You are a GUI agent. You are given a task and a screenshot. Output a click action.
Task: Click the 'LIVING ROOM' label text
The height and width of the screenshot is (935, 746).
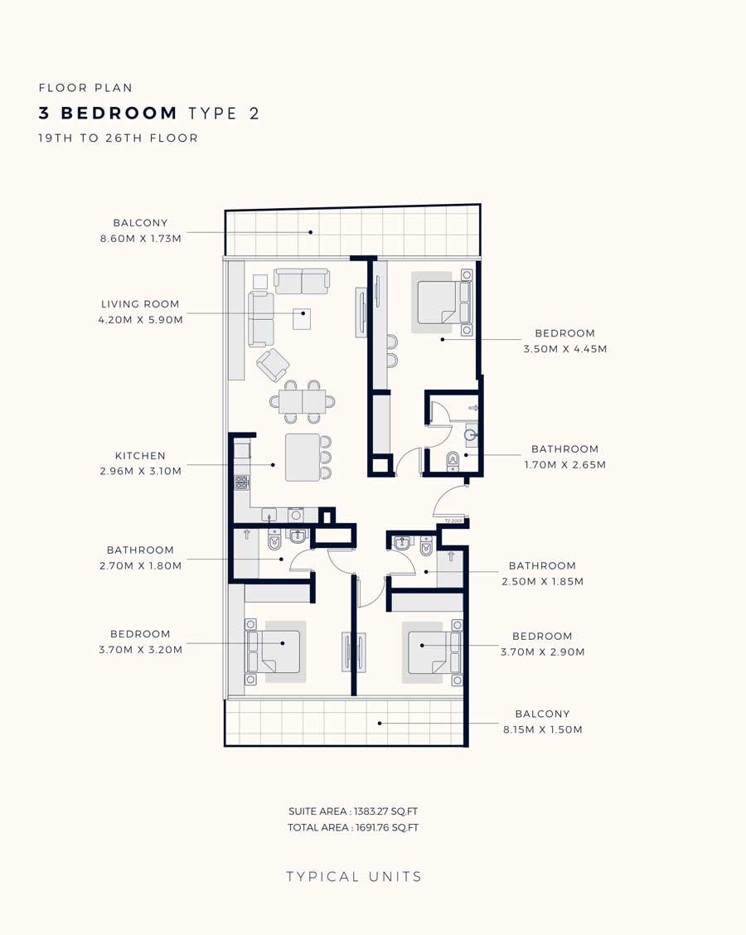tap(140, 304)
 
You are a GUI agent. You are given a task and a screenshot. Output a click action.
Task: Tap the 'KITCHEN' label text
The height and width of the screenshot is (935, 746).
tap(140, 456)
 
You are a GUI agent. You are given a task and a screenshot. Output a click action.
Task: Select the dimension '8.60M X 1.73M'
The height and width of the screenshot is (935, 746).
tap(141, 239)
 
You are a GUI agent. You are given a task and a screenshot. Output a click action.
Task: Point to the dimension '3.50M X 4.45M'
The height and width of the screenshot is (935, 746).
tap(565, 349)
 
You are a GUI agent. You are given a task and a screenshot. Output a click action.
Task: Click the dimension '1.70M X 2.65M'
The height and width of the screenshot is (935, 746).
tap(565, 464)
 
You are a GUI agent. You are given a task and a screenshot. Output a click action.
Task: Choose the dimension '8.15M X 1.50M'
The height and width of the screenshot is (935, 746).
tap(543, 729)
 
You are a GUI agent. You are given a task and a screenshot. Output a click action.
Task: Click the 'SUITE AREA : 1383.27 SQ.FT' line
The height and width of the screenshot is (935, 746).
tap(353, 811)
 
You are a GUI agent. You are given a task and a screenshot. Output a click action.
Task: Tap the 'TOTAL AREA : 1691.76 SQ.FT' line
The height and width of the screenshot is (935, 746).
tap(353, 827)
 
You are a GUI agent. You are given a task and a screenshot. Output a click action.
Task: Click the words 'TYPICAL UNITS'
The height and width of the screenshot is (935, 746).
tap(354, 877)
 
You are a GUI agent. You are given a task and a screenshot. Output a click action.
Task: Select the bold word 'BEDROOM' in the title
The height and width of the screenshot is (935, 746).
tap(119, 113)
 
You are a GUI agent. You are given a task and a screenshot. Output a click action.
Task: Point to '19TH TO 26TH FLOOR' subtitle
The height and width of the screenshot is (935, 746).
tap(118, 138)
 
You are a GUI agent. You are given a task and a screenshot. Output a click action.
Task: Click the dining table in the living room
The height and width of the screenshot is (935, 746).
tap(303, 401)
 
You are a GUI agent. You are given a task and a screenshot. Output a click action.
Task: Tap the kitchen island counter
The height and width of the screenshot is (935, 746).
tap(303, 458)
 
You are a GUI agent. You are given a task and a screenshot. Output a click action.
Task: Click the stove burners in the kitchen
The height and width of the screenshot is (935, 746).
tap(241, 482)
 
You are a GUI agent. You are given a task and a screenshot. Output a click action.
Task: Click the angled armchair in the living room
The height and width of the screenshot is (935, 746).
tap(273, 365)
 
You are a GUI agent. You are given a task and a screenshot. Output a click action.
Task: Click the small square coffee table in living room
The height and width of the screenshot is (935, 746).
tap(302, 319)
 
